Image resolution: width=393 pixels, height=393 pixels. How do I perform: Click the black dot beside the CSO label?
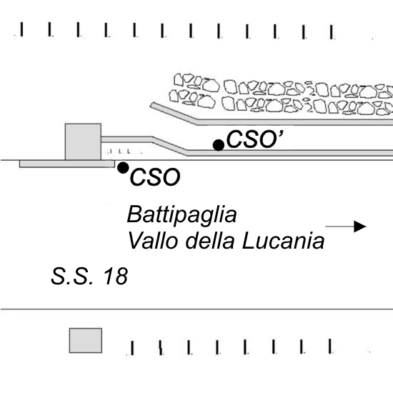(x=123, y=168)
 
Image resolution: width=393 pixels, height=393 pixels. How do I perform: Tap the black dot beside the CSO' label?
(x=219, y=145)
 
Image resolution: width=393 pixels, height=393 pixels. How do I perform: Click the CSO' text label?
(x=255, y=139)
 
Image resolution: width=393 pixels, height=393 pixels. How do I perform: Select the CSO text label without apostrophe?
(x=155, y=177)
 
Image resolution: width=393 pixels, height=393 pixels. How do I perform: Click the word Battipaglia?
(x=181, y=214)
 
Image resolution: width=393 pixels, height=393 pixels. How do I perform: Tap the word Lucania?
(x=283, y=241)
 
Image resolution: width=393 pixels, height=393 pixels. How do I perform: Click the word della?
(x=210, y=241)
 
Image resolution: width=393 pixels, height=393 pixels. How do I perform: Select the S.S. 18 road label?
(x=89, y=276)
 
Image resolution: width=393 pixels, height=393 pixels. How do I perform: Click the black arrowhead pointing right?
(x=360, y=227)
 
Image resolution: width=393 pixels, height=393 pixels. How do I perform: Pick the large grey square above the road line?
(x=83, y=141)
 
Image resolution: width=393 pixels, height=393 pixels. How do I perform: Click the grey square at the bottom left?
(x=86, y=340)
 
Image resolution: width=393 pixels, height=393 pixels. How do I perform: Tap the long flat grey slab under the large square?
(x=67, y=164)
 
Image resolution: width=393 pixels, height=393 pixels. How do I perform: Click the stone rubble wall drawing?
(x=281, y=94)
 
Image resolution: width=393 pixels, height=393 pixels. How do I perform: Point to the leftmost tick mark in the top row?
(x=21, y=29)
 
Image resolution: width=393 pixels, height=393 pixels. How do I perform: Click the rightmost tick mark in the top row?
(x=332, y=32)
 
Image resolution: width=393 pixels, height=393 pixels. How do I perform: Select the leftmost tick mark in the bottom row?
(x=132, y=348)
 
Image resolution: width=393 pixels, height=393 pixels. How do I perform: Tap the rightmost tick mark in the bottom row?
(x=330, y=346)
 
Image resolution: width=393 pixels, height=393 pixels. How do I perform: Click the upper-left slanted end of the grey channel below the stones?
(x=152, y=106)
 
